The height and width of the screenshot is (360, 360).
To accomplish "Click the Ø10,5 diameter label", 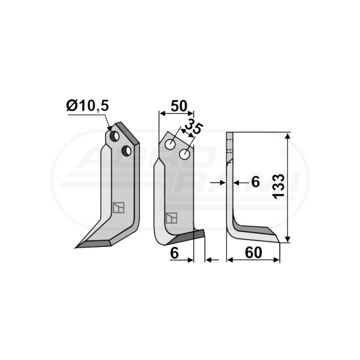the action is pyautogui.click(x=87, y=106).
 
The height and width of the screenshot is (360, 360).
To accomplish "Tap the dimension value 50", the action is pyautogui.click(x=179, y=106).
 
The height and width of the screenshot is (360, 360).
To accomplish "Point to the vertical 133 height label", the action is pyautogui.click(x=278, y=186).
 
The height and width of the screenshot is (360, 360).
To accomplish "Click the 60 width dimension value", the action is pyautogui.click(x=253, y=253).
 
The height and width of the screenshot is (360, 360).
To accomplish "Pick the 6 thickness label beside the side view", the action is pyautogui.click(x=255, y=182).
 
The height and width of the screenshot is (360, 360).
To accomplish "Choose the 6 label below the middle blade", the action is pyautogui.click(x=174, y=254).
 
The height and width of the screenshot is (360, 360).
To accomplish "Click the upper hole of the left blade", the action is pyautogui.click(x=114, y=136).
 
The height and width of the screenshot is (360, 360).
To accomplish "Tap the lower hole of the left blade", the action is pyautogui.click(x=127, y=151).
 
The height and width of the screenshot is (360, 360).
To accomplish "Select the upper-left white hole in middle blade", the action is pyautogui.click(x=170, y=145).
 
